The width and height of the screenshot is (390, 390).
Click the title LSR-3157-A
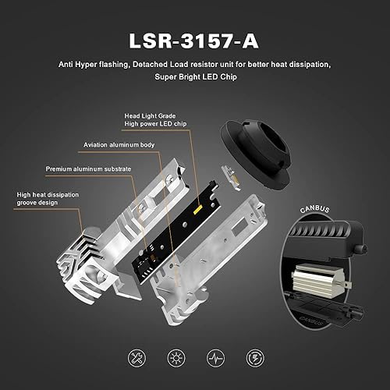(194, 38)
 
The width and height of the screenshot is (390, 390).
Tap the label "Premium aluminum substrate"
(83, 168)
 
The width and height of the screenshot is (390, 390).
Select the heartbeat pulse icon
(217, 358)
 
